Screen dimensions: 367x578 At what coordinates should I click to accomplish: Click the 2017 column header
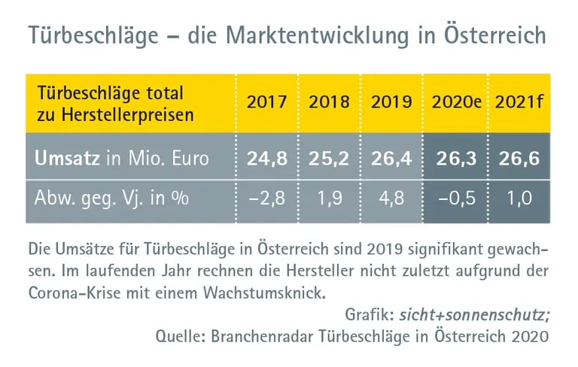click(x=267, y=102)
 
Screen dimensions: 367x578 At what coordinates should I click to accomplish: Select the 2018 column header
click(x=329, y=102)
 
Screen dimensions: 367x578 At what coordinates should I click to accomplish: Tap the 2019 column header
click(x=391, y=102)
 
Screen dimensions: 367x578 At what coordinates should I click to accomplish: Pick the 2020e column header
click(x=456, y=102)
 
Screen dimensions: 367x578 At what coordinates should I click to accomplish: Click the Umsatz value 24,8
click(x=267, y=159)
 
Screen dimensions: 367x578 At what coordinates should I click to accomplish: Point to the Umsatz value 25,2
click(x=329, y=159)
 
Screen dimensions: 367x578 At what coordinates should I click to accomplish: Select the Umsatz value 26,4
click(x=391, y=159)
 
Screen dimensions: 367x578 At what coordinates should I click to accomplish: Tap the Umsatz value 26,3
click(x=456, y=159)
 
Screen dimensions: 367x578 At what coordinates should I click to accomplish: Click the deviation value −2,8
click(x=267, y=201)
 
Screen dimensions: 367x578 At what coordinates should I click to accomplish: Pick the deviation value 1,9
click(x=329, y=201)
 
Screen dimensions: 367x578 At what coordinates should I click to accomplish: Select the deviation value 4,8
click(x=391, y=201)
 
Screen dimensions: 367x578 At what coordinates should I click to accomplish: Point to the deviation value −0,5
click(x=456, y=201)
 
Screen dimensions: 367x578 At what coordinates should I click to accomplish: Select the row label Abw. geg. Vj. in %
click(x=111, y=201)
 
